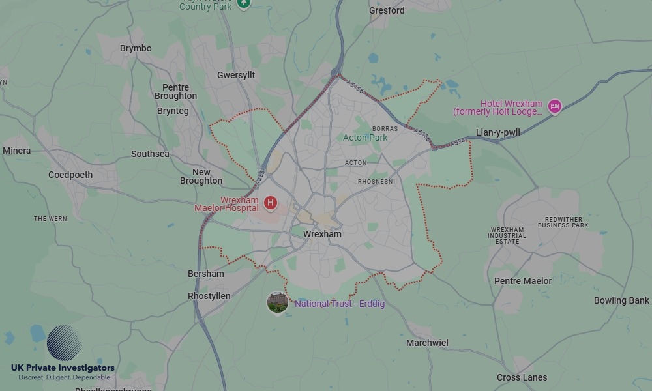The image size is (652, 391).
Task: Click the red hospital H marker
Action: click(270, 203)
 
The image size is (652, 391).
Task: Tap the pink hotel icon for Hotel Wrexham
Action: click(554, 106)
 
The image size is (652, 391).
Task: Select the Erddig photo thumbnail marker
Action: click(278, 302)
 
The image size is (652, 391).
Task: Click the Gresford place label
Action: click(387, 10)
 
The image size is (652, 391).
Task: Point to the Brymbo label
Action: click(136, 48)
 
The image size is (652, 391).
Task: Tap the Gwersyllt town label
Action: click(236, 76)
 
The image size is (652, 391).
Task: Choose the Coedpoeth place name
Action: click(70, 175)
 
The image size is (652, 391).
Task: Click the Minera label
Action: click(16, 151)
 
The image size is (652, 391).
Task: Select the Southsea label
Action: click(150, 154)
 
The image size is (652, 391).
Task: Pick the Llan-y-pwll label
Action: click(498, 132)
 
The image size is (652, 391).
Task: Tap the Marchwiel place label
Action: click(427, 343)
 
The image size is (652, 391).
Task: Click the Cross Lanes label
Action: click(522, 377)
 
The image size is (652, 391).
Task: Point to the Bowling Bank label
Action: click(621, 300)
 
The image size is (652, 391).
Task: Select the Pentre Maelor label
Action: click(523, 281)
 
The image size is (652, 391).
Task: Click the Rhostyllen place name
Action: click(209, 296)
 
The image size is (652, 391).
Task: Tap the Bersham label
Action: click(205, 274)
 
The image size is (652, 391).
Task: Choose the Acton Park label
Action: click(365, 138)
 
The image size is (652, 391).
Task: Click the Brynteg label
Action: click(173, 111)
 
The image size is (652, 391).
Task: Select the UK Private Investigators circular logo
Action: click(64, 343)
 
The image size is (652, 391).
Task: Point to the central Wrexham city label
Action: click(322, 234)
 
